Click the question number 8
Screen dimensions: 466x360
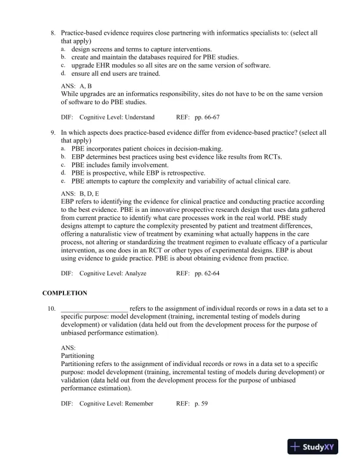[x=54, y=33]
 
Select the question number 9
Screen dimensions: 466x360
[x=54, y=133]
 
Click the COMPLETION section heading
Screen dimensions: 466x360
[x=65, y=293]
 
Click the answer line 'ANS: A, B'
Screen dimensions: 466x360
[x=76, y=86]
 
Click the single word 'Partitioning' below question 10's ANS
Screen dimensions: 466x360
[x=77, y=356]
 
